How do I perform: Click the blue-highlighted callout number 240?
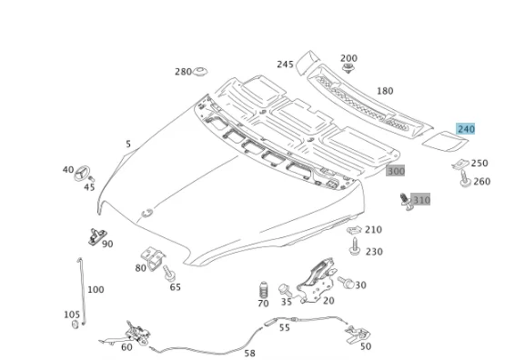tap(465, 129)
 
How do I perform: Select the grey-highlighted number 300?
tap(396, 171)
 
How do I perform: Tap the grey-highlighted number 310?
tap(421, 200)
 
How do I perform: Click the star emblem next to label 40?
tap(82, 174)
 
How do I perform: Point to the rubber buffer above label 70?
tap(264, 290)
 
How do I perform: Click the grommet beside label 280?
tap(200, 72)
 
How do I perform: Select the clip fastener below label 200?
tap(348, 68)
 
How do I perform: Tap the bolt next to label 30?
tap(346, 282)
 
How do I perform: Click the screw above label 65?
tap(169, 273)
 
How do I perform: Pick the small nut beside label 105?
tap(75, 325)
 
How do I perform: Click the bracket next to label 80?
tap(153, 258)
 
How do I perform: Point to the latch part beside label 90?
tap(97, 235)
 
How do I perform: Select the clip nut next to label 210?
tap(355, 230)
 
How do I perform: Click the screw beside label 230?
tap(355, 246)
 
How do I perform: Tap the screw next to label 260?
tap(465, 179)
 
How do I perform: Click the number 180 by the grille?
tap(385, 91)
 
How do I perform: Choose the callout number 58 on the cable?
tap(249, 354)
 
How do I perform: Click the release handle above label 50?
tap(358, 334)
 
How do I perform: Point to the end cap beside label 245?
tap(307, 62)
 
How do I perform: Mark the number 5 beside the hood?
tap(128, 144)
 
